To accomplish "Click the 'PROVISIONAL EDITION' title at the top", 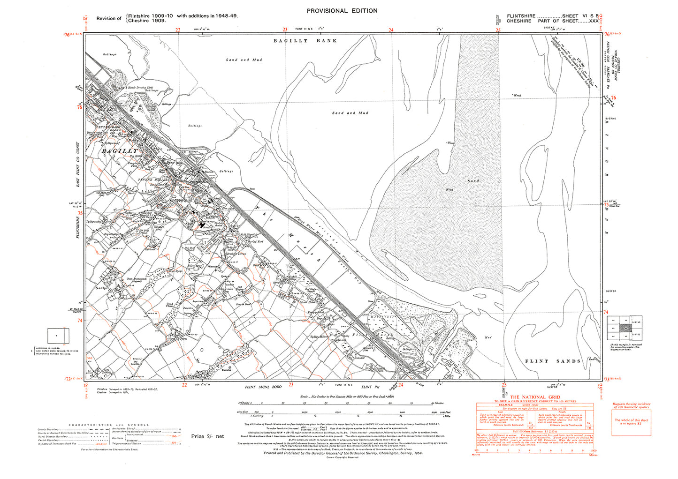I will click(342, 11).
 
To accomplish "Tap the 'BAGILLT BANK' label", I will click(305, 41).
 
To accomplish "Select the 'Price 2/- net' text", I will click(207, 436).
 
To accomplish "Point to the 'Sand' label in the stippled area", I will click(473, 181).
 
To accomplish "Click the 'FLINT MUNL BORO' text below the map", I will click(263, 387).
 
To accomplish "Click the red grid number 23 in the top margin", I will click(285, 30).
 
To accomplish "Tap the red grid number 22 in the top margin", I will click(177, 30).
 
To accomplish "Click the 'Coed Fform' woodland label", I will click(170, 305).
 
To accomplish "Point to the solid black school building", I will click(202, 225).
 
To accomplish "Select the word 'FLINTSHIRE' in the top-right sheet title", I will click(521, 16).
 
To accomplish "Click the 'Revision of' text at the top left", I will click(109, 18).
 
